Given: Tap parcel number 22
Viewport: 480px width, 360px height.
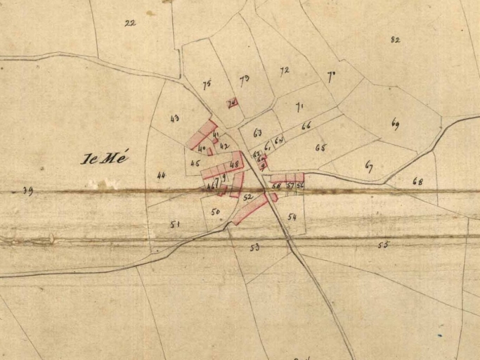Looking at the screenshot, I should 130,22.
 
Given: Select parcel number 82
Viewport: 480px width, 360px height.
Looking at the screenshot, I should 395,39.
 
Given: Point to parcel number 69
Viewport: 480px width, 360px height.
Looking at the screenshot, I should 395,124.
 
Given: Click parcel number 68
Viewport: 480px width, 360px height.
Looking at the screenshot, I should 418,181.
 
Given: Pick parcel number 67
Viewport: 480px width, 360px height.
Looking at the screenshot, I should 369,166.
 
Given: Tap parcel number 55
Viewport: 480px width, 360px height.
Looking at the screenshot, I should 383,245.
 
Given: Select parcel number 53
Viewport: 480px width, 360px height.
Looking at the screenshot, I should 254,247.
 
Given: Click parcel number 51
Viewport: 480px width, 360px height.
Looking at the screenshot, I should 175,224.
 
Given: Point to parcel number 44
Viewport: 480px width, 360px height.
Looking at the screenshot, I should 161,175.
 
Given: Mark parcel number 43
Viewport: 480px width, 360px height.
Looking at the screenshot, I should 174,118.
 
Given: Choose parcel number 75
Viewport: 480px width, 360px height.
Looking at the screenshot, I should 207,85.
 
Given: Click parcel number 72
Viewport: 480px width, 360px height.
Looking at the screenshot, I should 285,70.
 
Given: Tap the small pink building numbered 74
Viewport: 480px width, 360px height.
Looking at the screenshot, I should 232,103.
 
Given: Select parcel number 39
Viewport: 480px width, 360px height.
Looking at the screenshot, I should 27,191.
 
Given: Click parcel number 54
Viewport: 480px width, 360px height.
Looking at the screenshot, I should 292,217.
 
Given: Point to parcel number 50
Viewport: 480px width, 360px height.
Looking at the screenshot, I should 215,211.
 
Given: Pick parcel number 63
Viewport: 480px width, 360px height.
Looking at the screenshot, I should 257,132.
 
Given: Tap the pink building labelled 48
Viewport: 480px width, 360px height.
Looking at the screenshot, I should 234,164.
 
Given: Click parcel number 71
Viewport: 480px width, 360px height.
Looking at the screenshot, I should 299,108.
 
